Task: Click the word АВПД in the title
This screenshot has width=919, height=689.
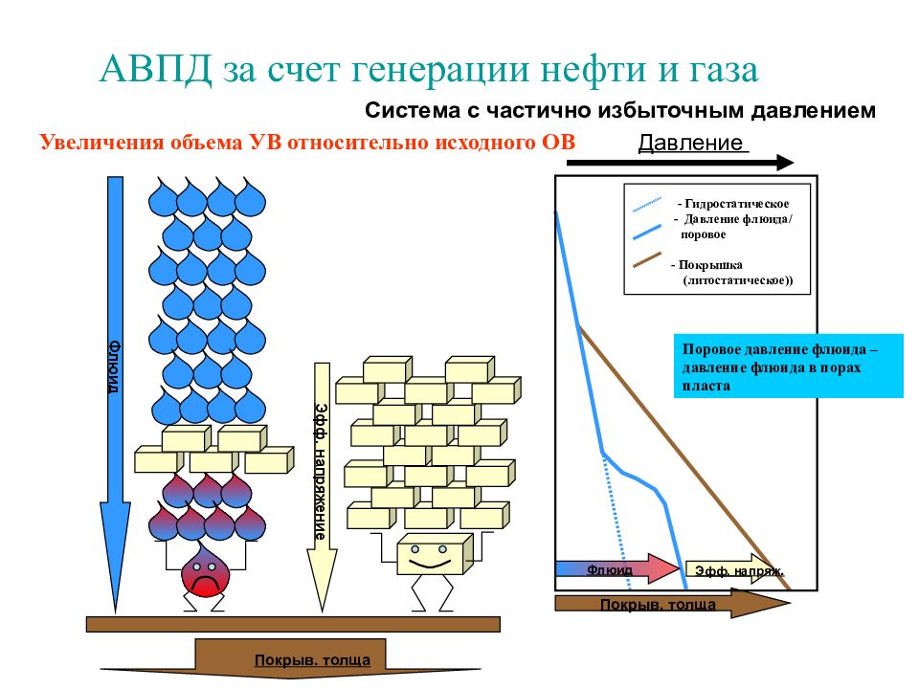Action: tap(155, 69)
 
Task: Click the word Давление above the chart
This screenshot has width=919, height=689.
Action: tap(690, 143)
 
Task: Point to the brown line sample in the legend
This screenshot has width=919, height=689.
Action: tap(647, 260)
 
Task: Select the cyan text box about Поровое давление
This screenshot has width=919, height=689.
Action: tap(788, 367)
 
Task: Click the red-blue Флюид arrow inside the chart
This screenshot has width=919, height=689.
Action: tap(616, 568)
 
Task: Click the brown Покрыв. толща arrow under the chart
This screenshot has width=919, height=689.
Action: tap(672, 604)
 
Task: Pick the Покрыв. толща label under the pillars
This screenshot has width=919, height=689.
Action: tap(312, 660)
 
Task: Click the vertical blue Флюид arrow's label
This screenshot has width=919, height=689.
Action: tap(114, 367)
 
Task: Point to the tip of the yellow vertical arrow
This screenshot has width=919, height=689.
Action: tap(322, 611)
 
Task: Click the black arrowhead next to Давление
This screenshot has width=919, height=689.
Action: tap(785, 163)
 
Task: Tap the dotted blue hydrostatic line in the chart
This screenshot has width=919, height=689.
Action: tap(616, 522)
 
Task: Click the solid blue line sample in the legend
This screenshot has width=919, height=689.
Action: tap(647, 232)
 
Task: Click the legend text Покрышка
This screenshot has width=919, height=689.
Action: tap(710, 265)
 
